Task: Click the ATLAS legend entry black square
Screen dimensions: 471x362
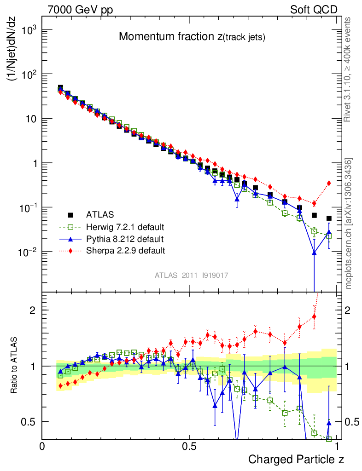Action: pos(70,214)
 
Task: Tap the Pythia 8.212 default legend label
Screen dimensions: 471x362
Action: pos(125,239)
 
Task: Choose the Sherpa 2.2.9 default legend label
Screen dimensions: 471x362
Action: pos(126,251)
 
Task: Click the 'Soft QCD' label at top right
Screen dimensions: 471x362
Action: pos(314,10)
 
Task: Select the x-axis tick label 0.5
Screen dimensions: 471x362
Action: pos(188,447)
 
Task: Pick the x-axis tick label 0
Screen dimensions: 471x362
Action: pos(42,447)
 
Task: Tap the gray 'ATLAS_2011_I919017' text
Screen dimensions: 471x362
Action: pos(191,276)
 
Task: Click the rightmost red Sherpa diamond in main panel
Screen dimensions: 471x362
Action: pos(329,183)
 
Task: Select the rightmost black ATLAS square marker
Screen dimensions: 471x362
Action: pos(329,218)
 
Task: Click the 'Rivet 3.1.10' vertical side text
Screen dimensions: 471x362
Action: pos(348,69)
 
